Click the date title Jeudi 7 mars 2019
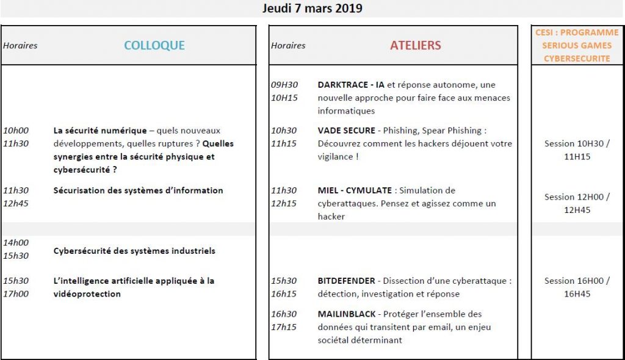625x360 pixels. (x=312, y=9)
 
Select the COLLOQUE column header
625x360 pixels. (x=154, y=46)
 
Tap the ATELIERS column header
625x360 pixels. (x=415, y=46)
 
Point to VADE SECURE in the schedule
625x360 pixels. (x=346, y=131)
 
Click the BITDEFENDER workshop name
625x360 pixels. (x=346, y=281)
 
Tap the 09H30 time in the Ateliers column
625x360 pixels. (x=283, y=85)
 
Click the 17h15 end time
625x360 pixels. (x=283, y=327)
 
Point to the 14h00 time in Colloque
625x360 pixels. (x=16, y=243)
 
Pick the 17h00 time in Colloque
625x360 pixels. (x=16, y=294)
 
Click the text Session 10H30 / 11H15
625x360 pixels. (x=577, y=150)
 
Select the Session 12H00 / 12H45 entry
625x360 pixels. (x=577, y=203)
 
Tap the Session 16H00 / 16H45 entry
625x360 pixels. (x=577, y=287)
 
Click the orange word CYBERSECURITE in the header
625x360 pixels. (x=577, y=59)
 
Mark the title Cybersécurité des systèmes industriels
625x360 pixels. (x=134, y=251)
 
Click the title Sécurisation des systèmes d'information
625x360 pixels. (x=138, y=190)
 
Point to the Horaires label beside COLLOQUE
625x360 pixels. (x=20, y=46)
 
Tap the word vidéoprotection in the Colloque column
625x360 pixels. (x=87, y=294)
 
